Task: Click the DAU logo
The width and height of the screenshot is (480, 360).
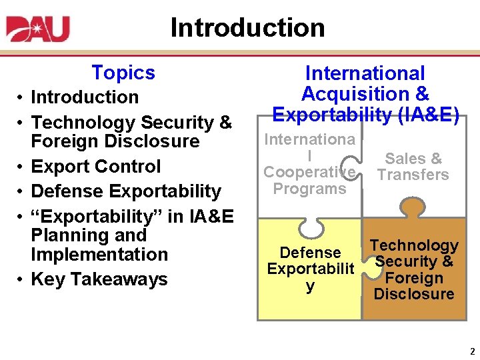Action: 38,28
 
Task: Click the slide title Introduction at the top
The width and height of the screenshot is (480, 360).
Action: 247,27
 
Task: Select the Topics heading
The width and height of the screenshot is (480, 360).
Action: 123,72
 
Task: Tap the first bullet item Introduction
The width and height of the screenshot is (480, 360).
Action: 85,97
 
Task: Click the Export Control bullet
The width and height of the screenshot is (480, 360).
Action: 96,166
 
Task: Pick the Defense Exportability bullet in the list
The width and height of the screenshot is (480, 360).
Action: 126,191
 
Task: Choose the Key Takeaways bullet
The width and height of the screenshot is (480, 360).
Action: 99,279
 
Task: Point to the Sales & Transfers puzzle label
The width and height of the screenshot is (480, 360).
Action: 413,167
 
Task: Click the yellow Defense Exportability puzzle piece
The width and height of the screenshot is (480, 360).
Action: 309,280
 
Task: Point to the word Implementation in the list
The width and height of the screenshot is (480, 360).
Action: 99,255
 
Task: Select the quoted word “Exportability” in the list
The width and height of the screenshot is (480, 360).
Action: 92,217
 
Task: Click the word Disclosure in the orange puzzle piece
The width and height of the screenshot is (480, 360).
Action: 414,294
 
